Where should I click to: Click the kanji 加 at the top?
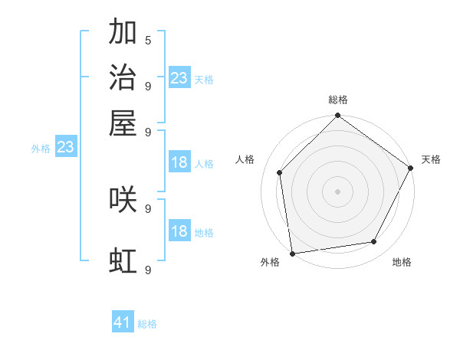123,32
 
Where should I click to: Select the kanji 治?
123,77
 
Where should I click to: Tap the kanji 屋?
123,123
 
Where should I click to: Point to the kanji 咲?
123,200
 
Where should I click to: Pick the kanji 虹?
123,261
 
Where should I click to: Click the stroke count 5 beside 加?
148,39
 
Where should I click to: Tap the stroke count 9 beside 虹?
148,270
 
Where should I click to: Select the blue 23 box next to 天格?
179,77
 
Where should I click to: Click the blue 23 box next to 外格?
65,146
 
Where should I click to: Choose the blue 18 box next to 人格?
179,162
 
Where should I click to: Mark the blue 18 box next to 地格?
179,231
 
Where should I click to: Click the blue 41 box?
123,322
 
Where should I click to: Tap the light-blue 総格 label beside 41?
147,324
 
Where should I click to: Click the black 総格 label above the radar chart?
337,100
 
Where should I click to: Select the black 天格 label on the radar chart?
431,159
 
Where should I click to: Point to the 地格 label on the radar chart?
402,262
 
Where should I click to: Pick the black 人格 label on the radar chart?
245,159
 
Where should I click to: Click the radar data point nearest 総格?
337,116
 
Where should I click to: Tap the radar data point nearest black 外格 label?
292,253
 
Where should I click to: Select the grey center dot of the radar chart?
337,191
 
